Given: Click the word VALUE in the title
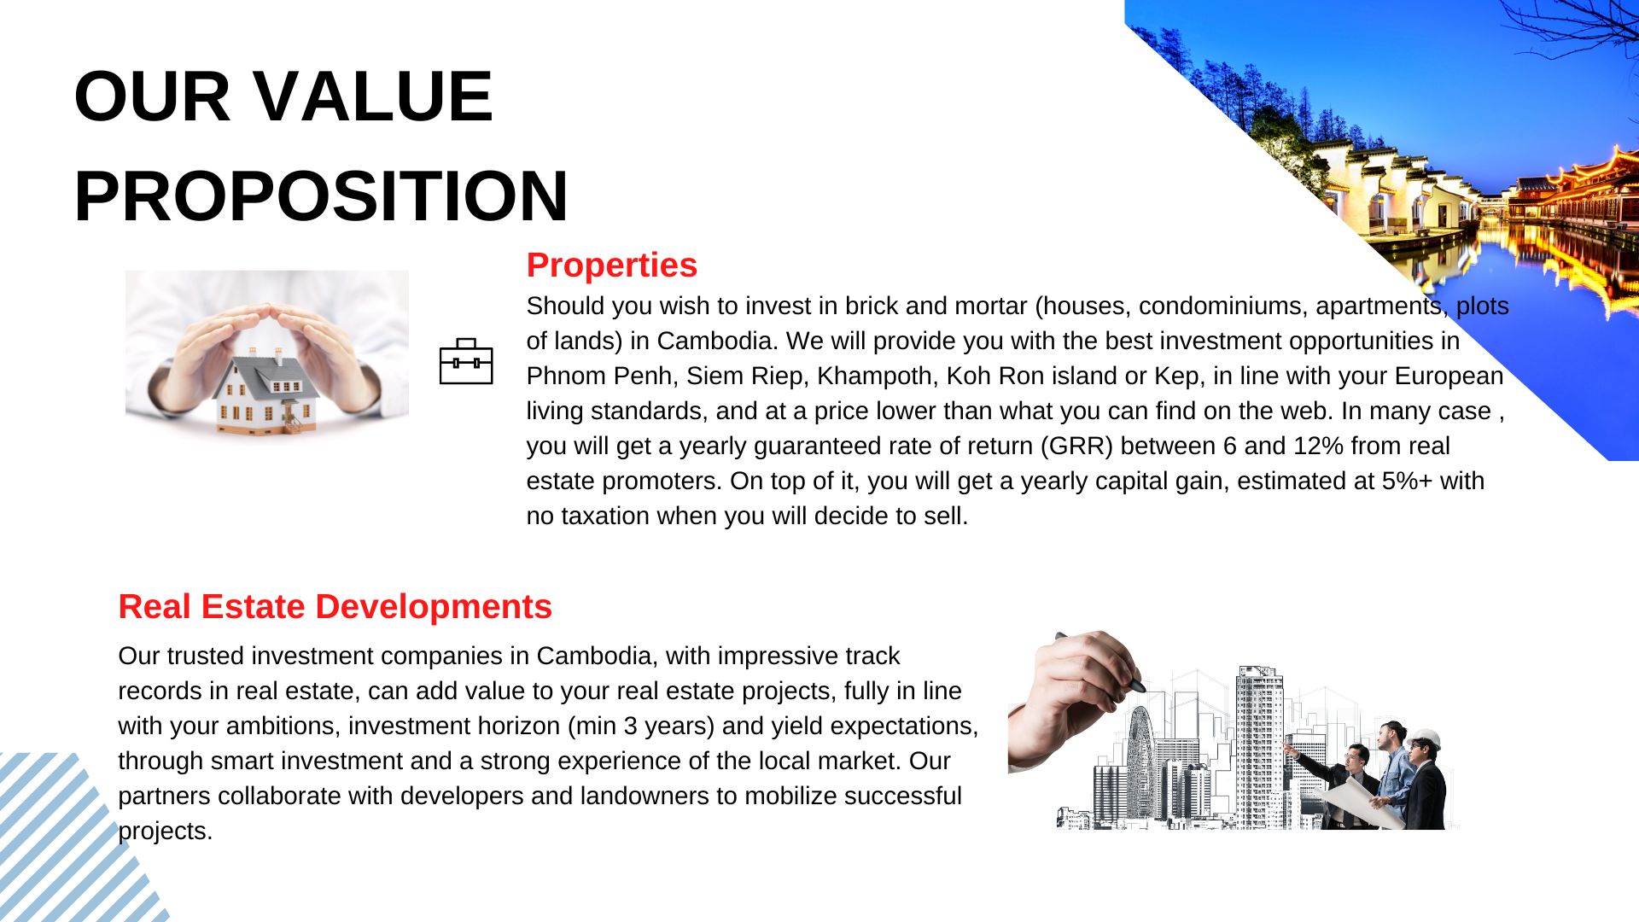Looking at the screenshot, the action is (373, 96).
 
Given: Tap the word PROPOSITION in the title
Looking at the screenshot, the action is (321, 195).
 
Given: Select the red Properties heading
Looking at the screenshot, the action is (611, 265).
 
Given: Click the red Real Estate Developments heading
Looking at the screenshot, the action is (335, 606).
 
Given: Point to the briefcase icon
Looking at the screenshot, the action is (466, 361).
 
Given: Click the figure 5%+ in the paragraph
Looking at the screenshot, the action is (1407, 481).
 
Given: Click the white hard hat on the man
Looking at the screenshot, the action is (1425, 738).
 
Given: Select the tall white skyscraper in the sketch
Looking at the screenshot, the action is (1259, 747).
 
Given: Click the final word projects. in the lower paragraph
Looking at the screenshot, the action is (166, 831).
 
